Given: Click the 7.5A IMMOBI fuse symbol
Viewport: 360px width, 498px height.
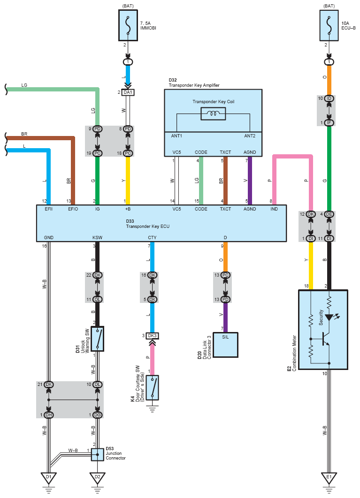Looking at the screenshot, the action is point(128,25).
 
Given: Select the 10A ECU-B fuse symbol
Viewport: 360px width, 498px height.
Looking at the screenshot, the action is point(329,25).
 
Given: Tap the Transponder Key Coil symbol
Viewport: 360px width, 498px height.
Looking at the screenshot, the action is point(213,113).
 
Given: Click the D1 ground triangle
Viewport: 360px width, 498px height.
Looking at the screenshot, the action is point(48,478).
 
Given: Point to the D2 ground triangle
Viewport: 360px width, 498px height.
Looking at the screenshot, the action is point(97,478).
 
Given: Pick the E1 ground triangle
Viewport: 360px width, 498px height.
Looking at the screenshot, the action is point(329,478).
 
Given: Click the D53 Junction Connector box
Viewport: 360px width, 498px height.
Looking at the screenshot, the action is point(97,454).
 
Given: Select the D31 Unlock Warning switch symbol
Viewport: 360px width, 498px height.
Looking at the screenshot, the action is point(97,339).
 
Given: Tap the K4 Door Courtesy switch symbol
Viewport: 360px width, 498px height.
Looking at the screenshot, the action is point(153,387).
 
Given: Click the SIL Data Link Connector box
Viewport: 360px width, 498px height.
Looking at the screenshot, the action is point(225,345).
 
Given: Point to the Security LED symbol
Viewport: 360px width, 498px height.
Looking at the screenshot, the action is point(329,317).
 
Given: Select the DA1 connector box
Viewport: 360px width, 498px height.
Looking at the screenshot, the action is point(128,92).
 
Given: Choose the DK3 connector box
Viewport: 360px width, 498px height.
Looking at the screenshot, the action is point(153,336).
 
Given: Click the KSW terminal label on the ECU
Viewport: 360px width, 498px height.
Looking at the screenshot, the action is point(97,238).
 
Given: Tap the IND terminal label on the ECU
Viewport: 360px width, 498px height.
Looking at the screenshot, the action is point(274,209).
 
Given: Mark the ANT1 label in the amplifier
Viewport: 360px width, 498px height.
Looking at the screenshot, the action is point(176,136).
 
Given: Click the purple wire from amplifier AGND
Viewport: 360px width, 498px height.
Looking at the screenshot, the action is point(250,181).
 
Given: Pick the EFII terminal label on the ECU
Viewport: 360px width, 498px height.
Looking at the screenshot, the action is point(49,209).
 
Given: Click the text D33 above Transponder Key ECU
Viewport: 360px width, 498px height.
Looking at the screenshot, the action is point(130,221).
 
